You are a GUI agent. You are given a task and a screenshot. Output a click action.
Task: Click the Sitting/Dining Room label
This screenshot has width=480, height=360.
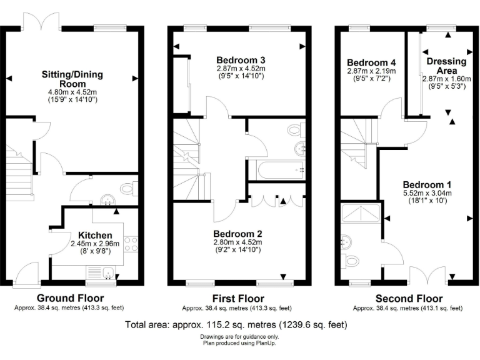click(x=72, y=79)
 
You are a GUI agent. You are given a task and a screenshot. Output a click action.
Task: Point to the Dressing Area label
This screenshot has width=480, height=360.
click(x=446, y=66)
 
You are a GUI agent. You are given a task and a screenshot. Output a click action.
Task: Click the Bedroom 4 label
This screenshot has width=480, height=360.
click(x=371, y=63)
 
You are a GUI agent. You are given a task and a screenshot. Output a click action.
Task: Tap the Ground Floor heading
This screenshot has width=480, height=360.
click(x=70, y=298)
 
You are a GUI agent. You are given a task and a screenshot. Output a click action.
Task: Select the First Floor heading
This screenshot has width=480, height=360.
click(x=237, y=298)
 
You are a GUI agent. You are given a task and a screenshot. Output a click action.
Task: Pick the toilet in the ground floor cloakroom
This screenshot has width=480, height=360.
click(x=129, y=189)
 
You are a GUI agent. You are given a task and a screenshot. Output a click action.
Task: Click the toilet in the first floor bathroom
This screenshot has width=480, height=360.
click(x=294, y=131)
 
